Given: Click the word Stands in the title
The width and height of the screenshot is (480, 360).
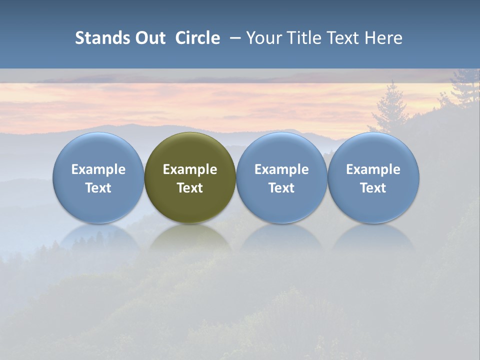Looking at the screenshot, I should pyautogui.click(x=99, y=38).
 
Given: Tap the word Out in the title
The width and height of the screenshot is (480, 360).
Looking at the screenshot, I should pyautogui.click(x=148, y=38).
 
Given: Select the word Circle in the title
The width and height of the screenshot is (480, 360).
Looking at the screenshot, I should pyautogui.click(x=197, y=38).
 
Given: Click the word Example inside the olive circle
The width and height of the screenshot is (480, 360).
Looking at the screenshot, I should pyautogui.click(x=190, y=169).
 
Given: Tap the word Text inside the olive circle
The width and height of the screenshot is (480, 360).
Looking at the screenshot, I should pyautogui.click(x=190, y=188).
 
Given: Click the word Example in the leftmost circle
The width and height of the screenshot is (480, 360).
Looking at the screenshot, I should pyautogui.click(x=98, y=169).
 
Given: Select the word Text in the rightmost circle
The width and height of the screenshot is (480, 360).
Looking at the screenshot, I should pyautogui.click(x=373, y=188).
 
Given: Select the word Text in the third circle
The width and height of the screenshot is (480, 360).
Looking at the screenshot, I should pyautogui.click(x=281, y=188).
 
